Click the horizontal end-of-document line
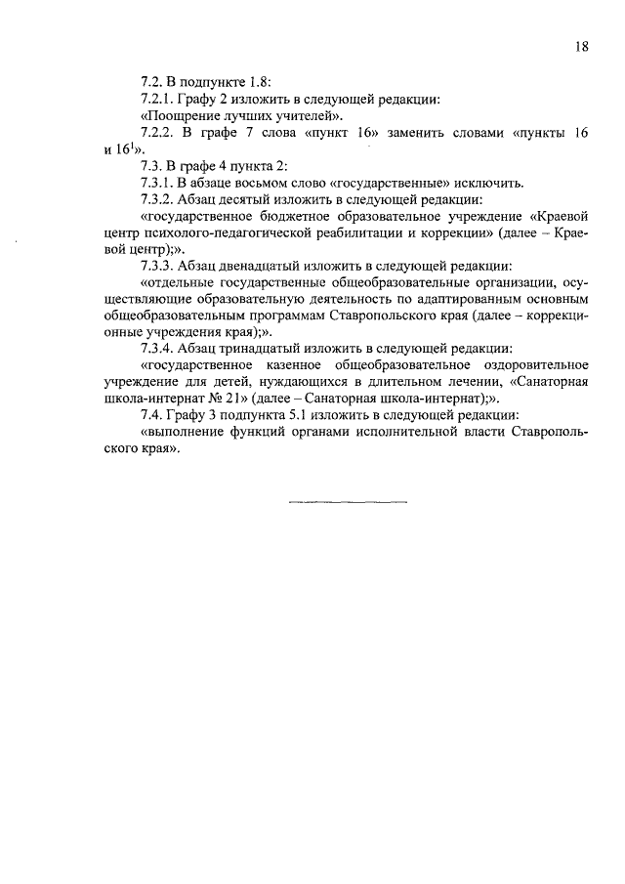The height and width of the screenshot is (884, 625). [x=349, y=502]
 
